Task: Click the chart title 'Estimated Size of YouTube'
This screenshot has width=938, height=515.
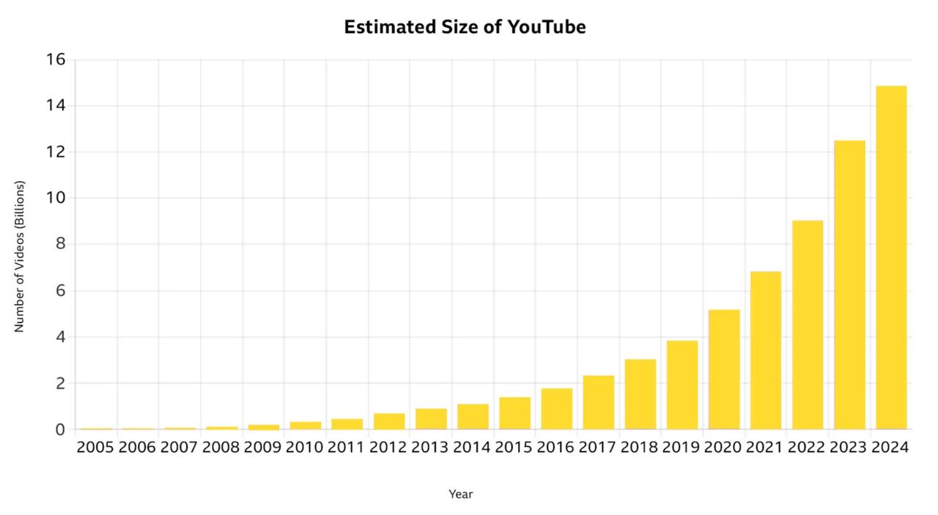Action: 465,27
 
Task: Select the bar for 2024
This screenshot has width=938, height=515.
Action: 891,257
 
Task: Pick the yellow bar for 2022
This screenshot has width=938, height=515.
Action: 808,325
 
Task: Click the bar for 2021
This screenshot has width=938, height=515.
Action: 766,350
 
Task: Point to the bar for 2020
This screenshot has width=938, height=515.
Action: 724,369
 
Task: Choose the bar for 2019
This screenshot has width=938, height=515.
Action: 682,385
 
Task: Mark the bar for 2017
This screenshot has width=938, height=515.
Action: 599,402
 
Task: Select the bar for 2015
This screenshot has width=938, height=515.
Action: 514,413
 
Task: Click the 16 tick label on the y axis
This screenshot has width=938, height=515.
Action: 56,59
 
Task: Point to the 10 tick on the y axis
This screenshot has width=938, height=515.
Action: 56,198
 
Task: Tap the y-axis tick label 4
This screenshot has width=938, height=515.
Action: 60,337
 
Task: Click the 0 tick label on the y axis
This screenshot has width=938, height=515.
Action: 60,429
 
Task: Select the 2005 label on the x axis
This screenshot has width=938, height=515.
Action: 95,448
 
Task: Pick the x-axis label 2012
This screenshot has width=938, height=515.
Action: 388,448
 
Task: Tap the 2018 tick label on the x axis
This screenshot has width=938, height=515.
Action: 639,448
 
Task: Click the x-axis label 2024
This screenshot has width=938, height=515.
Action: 890,448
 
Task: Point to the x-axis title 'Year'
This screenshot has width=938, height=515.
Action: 461,494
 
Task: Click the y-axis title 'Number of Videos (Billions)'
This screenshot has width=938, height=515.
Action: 20,256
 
